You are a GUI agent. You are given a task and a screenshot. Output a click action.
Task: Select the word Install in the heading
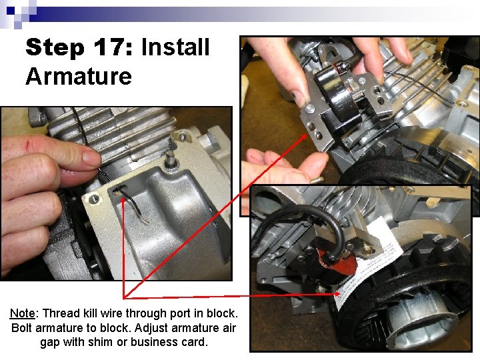175,47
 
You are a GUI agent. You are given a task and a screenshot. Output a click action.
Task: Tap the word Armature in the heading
79,76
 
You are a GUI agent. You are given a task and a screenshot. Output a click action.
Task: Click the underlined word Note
23,313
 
